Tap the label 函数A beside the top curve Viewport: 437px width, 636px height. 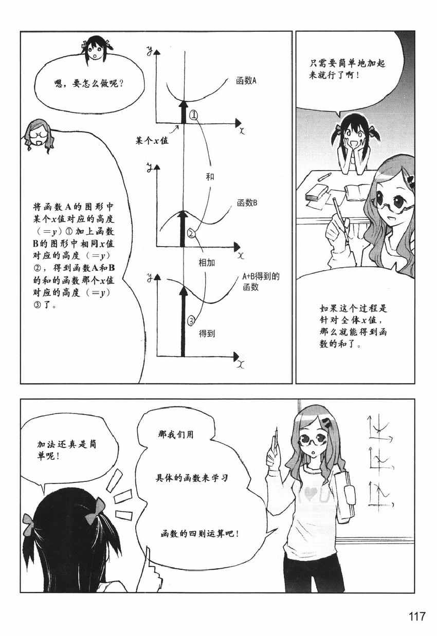point(246,81)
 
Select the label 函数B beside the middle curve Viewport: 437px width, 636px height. point(247,203)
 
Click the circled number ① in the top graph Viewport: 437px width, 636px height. point(193,115)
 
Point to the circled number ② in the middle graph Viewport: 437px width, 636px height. point(191,233)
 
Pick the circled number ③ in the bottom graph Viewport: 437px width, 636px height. point(191,321)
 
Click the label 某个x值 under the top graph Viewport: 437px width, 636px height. point(152,141)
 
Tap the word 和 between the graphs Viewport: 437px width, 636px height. point(210,177)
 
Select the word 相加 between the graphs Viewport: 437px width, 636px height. point(207,263)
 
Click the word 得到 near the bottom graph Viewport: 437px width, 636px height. point(207,333)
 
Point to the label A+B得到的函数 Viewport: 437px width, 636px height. point(261,282)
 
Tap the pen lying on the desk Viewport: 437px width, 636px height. point(325,177)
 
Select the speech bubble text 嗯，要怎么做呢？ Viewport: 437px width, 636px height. point(89,84)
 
